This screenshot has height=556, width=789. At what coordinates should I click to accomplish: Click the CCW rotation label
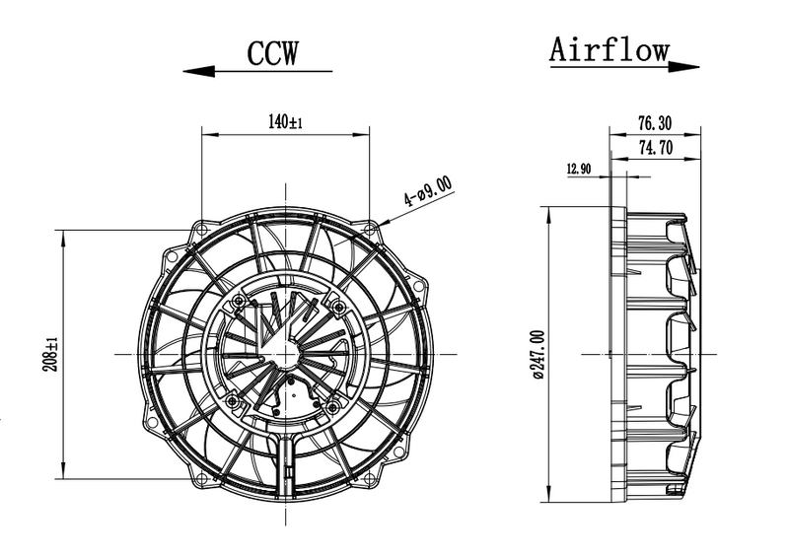tap(273, 53)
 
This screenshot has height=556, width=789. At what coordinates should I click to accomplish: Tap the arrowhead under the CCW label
tap(199, 71)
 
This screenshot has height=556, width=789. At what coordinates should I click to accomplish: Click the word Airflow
tap(609, 49)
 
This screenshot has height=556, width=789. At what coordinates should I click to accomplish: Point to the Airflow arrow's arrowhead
tap(683, 66)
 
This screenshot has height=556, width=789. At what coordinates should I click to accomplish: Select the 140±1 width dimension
tap(285, 122)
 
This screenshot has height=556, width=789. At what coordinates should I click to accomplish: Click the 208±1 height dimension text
tap(50, 354)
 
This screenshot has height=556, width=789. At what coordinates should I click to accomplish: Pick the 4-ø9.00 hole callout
tap(428, 191)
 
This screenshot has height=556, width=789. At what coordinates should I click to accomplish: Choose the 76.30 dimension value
tap(655, 123)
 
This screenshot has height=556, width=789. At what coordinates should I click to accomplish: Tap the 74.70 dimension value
tap(655, 148)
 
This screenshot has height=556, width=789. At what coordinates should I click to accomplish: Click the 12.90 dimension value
tap(579, 169)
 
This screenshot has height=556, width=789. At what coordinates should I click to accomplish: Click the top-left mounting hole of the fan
tap(202, 230)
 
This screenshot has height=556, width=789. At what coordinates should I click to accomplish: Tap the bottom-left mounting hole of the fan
tap(202, 478)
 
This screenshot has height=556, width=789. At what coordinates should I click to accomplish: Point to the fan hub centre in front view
tap(286, 354)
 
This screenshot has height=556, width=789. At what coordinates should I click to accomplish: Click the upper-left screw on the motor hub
tap(239, 301)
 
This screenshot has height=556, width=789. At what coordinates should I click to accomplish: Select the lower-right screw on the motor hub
tap(332, 406)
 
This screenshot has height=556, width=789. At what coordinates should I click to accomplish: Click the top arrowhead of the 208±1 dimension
tap(63, 238)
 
